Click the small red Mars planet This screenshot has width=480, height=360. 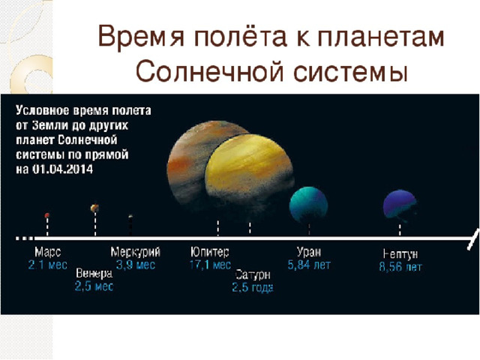coord(46,215)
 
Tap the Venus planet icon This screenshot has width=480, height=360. coord(94,208)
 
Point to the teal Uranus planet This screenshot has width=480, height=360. coord(308,205)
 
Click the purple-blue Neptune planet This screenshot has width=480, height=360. coord(400,205)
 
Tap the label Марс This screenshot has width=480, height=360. coord(48,252)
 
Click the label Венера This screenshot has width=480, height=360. coord(94,273)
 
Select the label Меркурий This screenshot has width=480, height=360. coord(135,252)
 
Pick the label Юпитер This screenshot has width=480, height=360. coord(210,252)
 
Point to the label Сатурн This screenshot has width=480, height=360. coord(253,275)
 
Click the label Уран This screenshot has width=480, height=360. coord(309,252)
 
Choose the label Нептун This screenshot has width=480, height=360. coord(400,253)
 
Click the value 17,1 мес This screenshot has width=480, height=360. coord(210,265)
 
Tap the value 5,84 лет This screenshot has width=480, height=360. coord(309,265)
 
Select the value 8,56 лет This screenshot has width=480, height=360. coord(400,267)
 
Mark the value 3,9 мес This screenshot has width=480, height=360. coord(136,265)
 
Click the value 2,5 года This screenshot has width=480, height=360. coord(253,288)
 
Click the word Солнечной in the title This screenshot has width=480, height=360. coord(209,72)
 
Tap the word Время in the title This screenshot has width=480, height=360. coord(142,37)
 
